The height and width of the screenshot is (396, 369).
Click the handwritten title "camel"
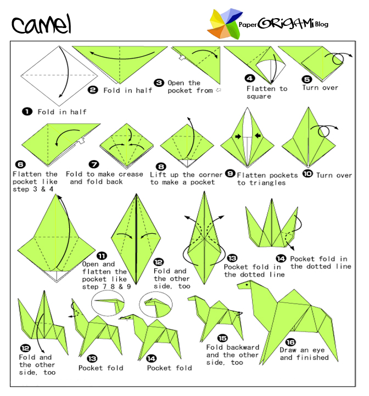42,24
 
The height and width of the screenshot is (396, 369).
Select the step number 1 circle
26,112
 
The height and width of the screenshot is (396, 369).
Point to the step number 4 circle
250,78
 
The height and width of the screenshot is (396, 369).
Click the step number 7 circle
94,164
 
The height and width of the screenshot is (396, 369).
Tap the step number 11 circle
102,255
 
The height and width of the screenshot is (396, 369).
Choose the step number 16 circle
290,341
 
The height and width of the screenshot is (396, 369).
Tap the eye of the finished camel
247,285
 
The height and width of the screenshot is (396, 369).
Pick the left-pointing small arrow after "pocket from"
218,90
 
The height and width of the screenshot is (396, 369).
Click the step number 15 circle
222,338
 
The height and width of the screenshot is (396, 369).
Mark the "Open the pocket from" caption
189,86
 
